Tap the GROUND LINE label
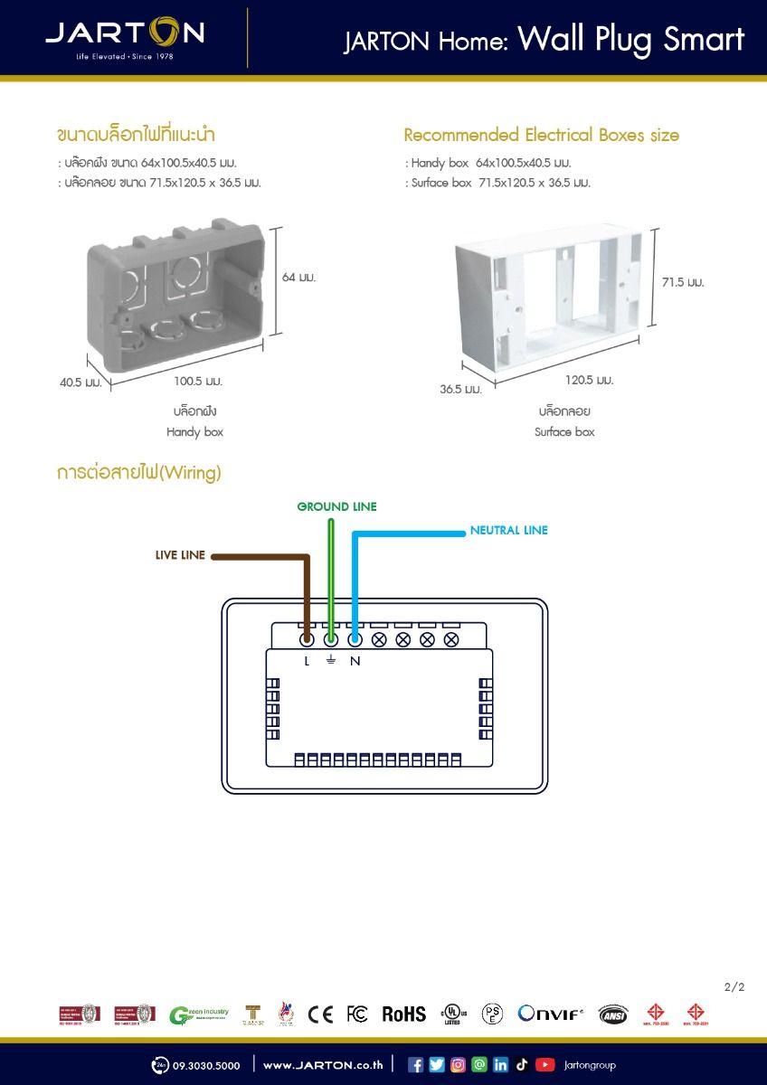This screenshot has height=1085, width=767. click(336, 506)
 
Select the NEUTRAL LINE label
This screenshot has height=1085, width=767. click(508, 530)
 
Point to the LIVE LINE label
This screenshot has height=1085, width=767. click(180, 554)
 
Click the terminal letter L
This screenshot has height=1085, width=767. click(307, 661)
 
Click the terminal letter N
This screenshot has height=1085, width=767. click(355, 661)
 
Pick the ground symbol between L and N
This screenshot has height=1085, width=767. click(330, 660)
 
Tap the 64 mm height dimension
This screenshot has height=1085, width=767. click(298, 277)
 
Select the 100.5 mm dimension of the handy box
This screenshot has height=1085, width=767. click(198, 381)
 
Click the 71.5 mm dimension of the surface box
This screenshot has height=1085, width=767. click(682, 282)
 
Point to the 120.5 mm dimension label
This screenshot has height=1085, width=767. click(589, 380)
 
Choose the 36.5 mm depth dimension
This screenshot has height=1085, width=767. click(460, 389)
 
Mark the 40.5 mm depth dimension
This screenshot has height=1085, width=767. click(80, 382)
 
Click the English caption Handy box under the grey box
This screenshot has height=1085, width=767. click(194, 432)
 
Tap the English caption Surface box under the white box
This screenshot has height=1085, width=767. click(564, 432)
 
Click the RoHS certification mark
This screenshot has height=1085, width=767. click(403, 1014)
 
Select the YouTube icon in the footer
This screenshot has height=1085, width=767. click(544, 1064)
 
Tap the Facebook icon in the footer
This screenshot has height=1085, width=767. click(416, 1064)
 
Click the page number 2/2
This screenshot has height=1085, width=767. click(734, 986)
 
